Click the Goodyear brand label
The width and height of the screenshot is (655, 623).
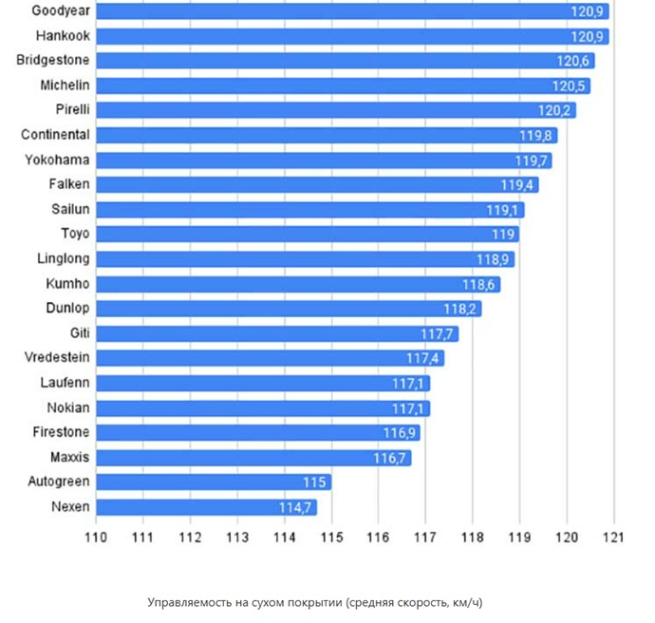pos(61,10)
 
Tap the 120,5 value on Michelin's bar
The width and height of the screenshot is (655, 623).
pos(571,85)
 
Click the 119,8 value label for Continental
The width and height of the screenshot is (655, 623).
pos(537,135)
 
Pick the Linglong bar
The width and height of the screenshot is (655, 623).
pos(305,259)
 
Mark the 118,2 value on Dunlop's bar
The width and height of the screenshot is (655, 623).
pos(462,309)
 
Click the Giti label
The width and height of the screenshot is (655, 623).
pos(80,333)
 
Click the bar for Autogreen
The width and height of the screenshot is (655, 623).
pos(214,482)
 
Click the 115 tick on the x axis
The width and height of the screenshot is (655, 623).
pos(331,537)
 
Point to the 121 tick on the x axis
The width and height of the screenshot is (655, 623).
pos(613,537)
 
